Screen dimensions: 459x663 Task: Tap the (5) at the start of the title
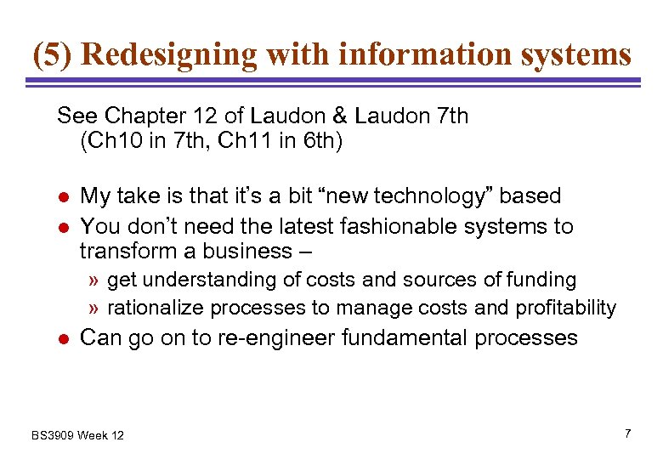(53, 55)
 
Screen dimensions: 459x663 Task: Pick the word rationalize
(156, 307)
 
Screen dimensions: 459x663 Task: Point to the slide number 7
(627, 433)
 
